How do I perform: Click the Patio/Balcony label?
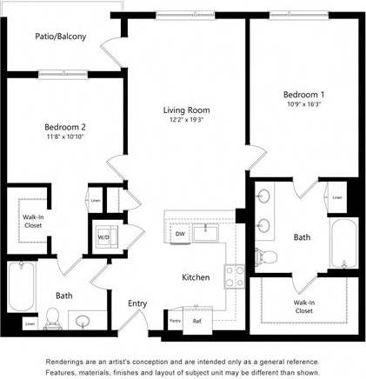tap(60, 37)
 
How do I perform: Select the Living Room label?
tap(187, 110)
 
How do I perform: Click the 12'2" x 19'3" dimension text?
tap(187, 121)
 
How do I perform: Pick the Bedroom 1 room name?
tap(303, 94)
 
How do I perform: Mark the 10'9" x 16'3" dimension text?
tap(303, 103)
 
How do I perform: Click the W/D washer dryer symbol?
tap(103, 236)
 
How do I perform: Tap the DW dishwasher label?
tap(180, 234)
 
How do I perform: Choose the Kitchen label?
tap(195, 277)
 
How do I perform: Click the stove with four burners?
tap(234, 276)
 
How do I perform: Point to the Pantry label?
tap(175, 321)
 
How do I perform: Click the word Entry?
tap(137, 303)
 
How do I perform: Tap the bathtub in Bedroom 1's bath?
tap(343, 246)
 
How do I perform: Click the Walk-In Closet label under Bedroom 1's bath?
tap(303, 306)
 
